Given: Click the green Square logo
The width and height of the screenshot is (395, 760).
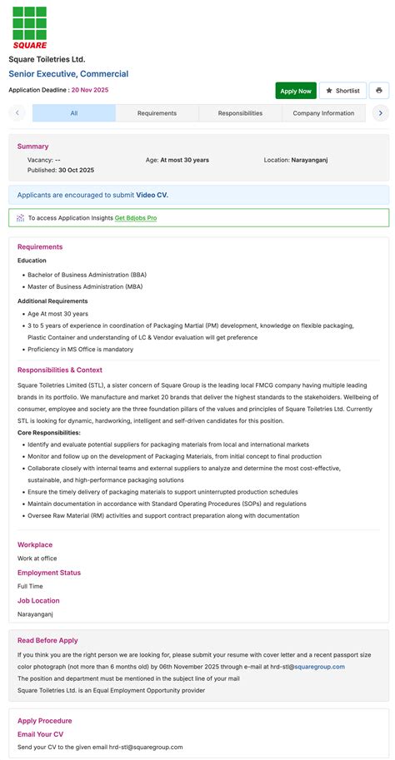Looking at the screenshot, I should click(x=30, y=27).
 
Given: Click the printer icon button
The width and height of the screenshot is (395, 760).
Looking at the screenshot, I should click(x=379, y=91).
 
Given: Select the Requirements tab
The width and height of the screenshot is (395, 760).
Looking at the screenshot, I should click(x=157, y=113).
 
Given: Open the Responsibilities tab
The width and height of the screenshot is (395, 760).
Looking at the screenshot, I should click(x=240, y=113).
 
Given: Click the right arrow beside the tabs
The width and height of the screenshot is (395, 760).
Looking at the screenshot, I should click(x=380, y=113).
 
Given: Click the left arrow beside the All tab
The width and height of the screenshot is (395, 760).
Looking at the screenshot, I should click(x=17, y=113).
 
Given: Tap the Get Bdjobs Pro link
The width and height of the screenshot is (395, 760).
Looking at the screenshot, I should click(x=136, y=218).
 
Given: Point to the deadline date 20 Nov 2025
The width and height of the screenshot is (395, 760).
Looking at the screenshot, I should click(x=90, y=90).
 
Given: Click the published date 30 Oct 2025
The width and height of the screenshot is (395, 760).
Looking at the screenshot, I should click(x=76, y=170).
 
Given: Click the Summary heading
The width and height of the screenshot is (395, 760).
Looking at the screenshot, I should click(x=32, y=147).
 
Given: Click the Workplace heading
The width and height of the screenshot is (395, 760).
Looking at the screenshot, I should click(x=35, y=544).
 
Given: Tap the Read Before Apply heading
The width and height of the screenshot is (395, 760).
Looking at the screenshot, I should click(x=47, y=641).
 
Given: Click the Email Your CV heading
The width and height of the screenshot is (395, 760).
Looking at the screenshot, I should click(x=40, y=734).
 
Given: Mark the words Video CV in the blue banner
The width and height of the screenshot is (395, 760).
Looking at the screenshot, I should click(x=152, y=195).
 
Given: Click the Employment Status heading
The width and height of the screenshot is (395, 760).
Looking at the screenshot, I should click(x=49, y=573).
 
